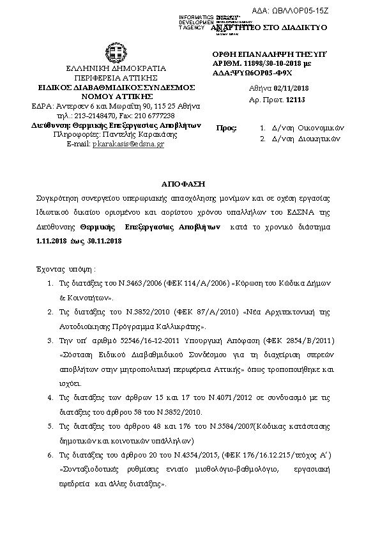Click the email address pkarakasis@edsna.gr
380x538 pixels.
128,144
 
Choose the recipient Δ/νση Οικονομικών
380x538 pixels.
303,128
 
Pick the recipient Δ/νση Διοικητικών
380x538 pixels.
302,138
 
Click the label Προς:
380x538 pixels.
227,128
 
